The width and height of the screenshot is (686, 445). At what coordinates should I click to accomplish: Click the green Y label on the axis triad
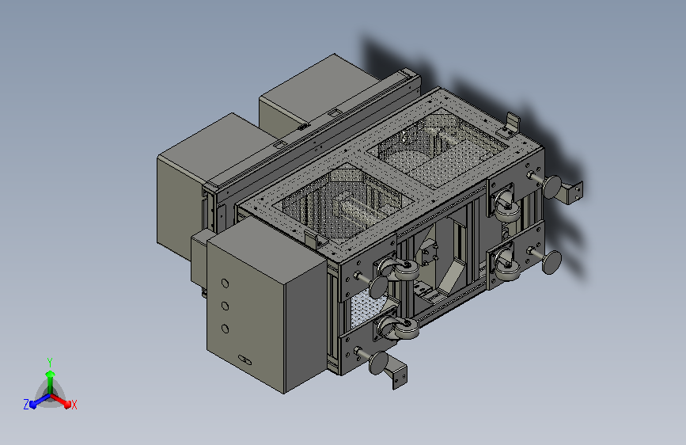pyautogui.click(x=50, y=363)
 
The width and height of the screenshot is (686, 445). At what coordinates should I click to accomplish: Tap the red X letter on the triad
pyautogui.click(x=74, y=405)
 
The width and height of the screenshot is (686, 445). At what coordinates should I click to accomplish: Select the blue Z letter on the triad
pyautogui.click(x=26, y=405)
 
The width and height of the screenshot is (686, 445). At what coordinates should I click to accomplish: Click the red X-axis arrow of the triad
pyautogui.click(x=61, y=401)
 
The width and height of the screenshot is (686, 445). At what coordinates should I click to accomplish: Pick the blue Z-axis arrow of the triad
pyautogui.click(x=40, y=401)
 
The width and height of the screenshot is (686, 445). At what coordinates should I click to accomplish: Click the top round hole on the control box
pyautogui.click(x=225, y=283)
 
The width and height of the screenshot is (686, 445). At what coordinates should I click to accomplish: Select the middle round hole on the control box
pyautogui.click(x=225, y=306)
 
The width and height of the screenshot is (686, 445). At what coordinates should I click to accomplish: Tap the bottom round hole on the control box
pyautogui.click(x=226, y=329)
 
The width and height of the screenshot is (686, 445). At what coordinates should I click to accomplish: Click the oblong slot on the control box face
pyautogui.click(x=245, y=360)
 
